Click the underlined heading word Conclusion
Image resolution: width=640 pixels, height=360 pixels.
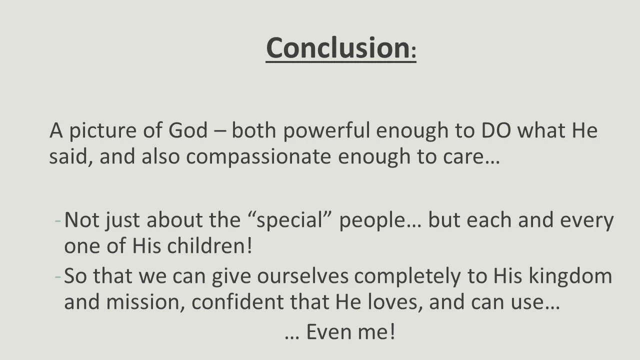tap(337, 47)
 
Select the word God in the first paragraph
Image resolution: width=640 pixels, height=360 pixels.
tap(187, 131)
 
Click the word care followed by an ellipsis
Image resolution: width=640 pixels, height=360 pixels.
tap(467, 157)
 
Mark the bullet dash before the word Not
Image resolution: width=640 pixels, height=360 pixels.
tap(58, 221)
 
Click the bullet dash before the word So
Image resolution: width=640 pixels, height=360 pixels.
tap(58, 276)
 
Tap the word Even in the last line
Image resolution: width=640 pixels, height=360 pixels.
tap(328, 332)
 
